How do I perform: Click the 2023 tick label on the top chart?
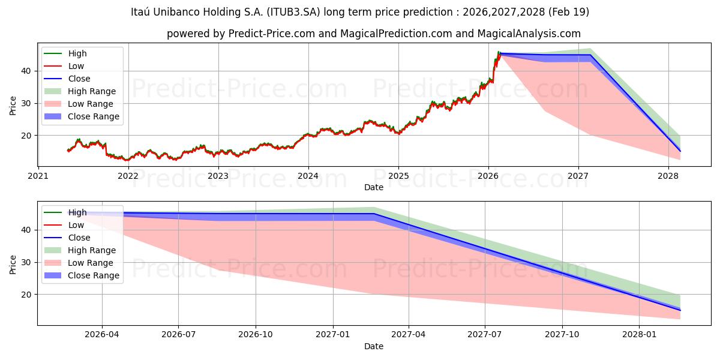point(218,176)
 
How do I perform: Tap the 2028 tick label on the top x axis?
point(668,176)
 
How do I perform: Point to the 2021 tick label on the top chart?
point(38,176)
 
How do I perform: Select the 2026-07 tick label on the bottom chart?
point(179,335)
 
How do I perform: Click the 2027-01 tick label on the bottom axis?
point(332,335)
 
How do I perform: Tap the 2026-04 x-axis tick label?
point(102,335)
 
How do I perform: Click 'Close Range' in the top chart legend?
point(93,116)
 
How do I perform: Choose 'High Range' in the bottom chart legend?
point(92,250)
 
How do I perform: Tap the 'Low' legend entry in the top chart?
point(76,66)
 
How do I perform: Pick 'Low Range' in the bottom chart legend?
point(90,263)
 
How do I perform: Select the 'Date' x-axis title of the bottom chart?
point(373,346)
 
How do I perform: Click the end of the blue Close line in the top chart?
point(680,151)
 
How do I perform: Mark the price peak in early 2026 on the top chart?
point(499,52)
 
